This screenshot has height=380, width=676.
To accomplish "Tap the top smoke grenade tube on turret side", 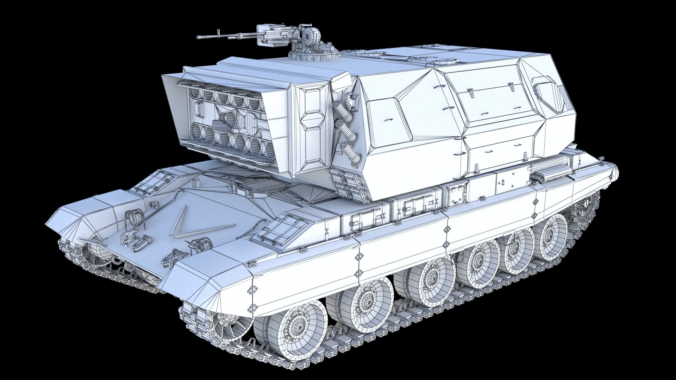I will point(339,106).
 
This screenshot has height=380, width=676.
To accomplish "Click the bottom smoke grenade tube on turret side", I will point(350,150).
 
